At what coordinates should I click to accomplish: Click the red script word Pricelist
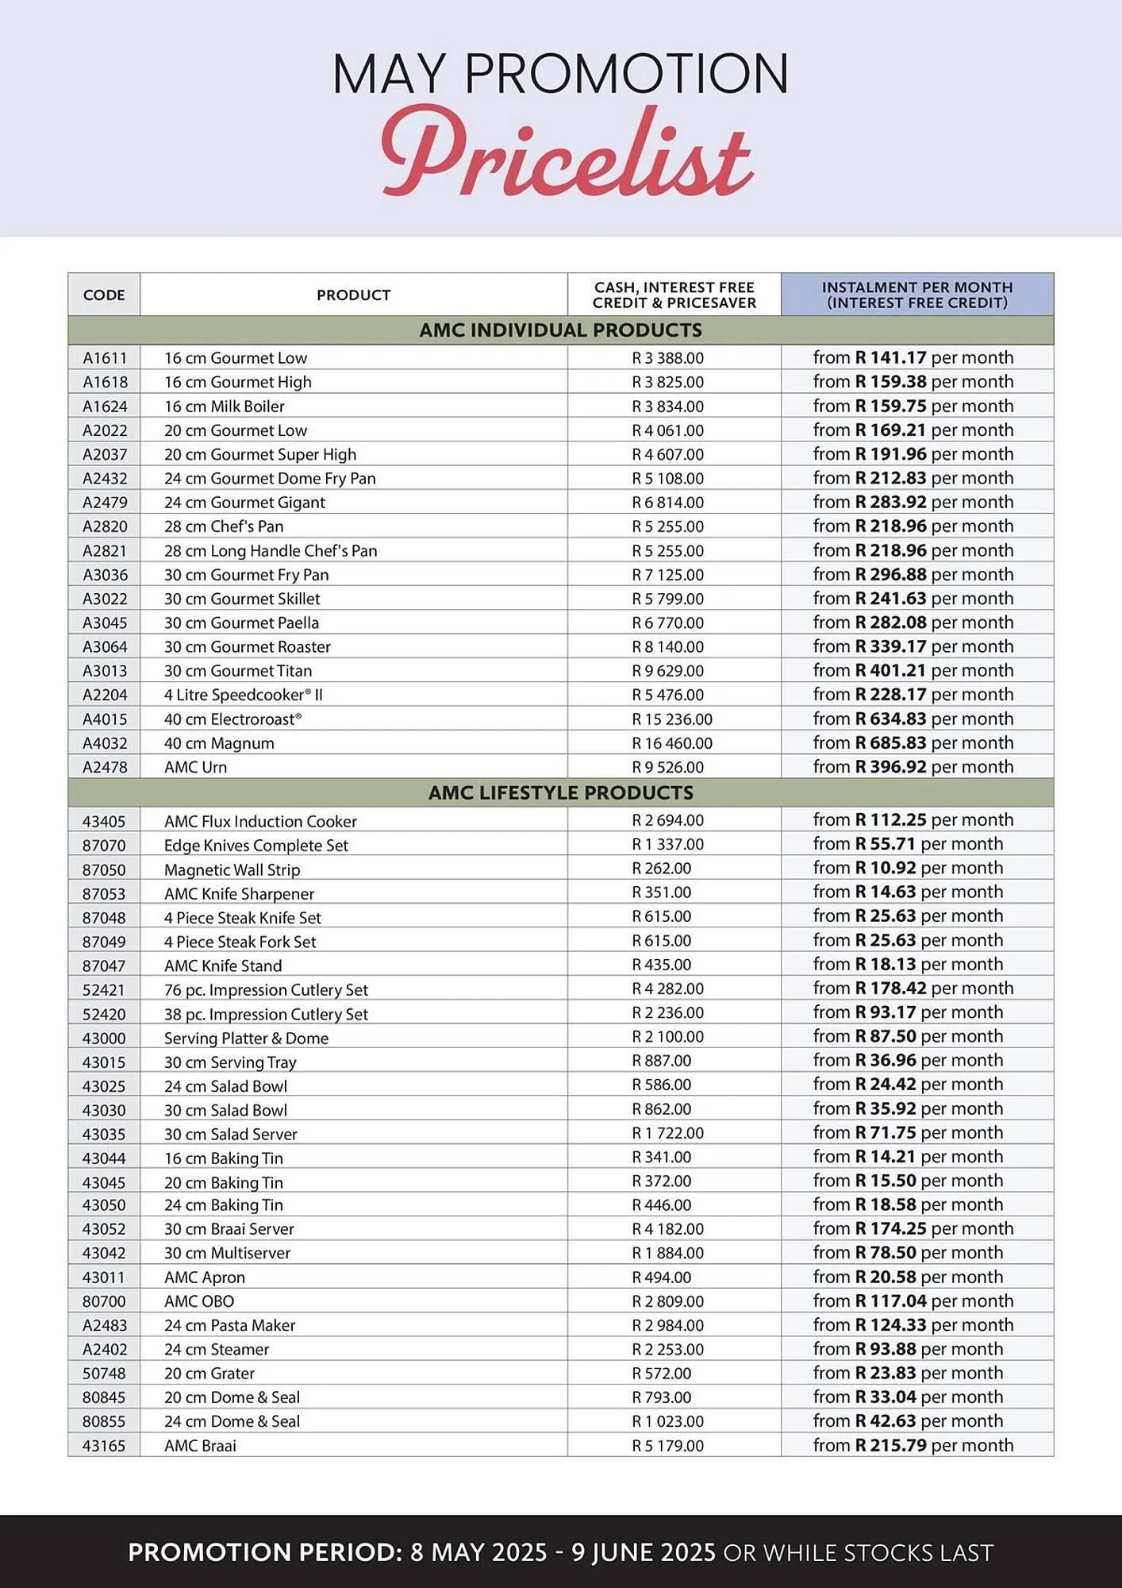566,153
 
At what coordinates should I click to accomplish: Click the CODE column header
104,295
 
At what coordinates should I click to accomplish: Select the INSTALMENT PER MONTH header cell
916,295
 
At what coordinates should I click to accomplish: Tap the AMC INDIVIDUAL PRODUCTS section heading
560,330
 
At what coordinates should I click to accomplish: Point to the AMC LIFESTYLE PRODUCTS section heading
560,792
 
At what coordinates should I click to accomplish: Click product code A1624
105,407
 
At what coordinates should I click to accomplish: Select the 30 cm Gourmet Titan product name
238,671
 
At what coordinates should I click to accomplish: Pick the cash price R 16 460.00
671,743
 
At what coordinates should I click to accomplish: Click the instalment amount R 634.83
890,719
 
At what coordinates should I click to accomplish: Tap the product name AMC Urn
195,767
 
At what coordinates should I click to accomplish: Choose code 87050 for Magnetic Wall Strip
104,869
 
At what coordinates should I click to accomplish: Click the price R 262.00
661,869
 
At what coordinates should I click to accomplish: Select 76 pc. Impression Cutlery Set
266,990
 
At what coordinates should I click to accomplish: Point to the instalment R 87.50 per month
908,1036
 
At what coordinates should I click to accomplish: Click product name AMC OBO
199,1301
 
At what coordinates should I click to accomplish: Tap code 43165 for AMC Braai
104,1446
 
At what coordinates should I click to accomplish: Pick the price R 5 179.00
667,1446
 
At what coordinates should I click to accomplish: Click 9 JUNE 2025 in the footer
644,1553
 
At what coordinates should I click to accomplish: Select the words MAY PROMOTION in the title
560,74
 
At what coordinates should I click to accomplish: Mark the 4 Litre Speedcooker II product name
243,695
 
